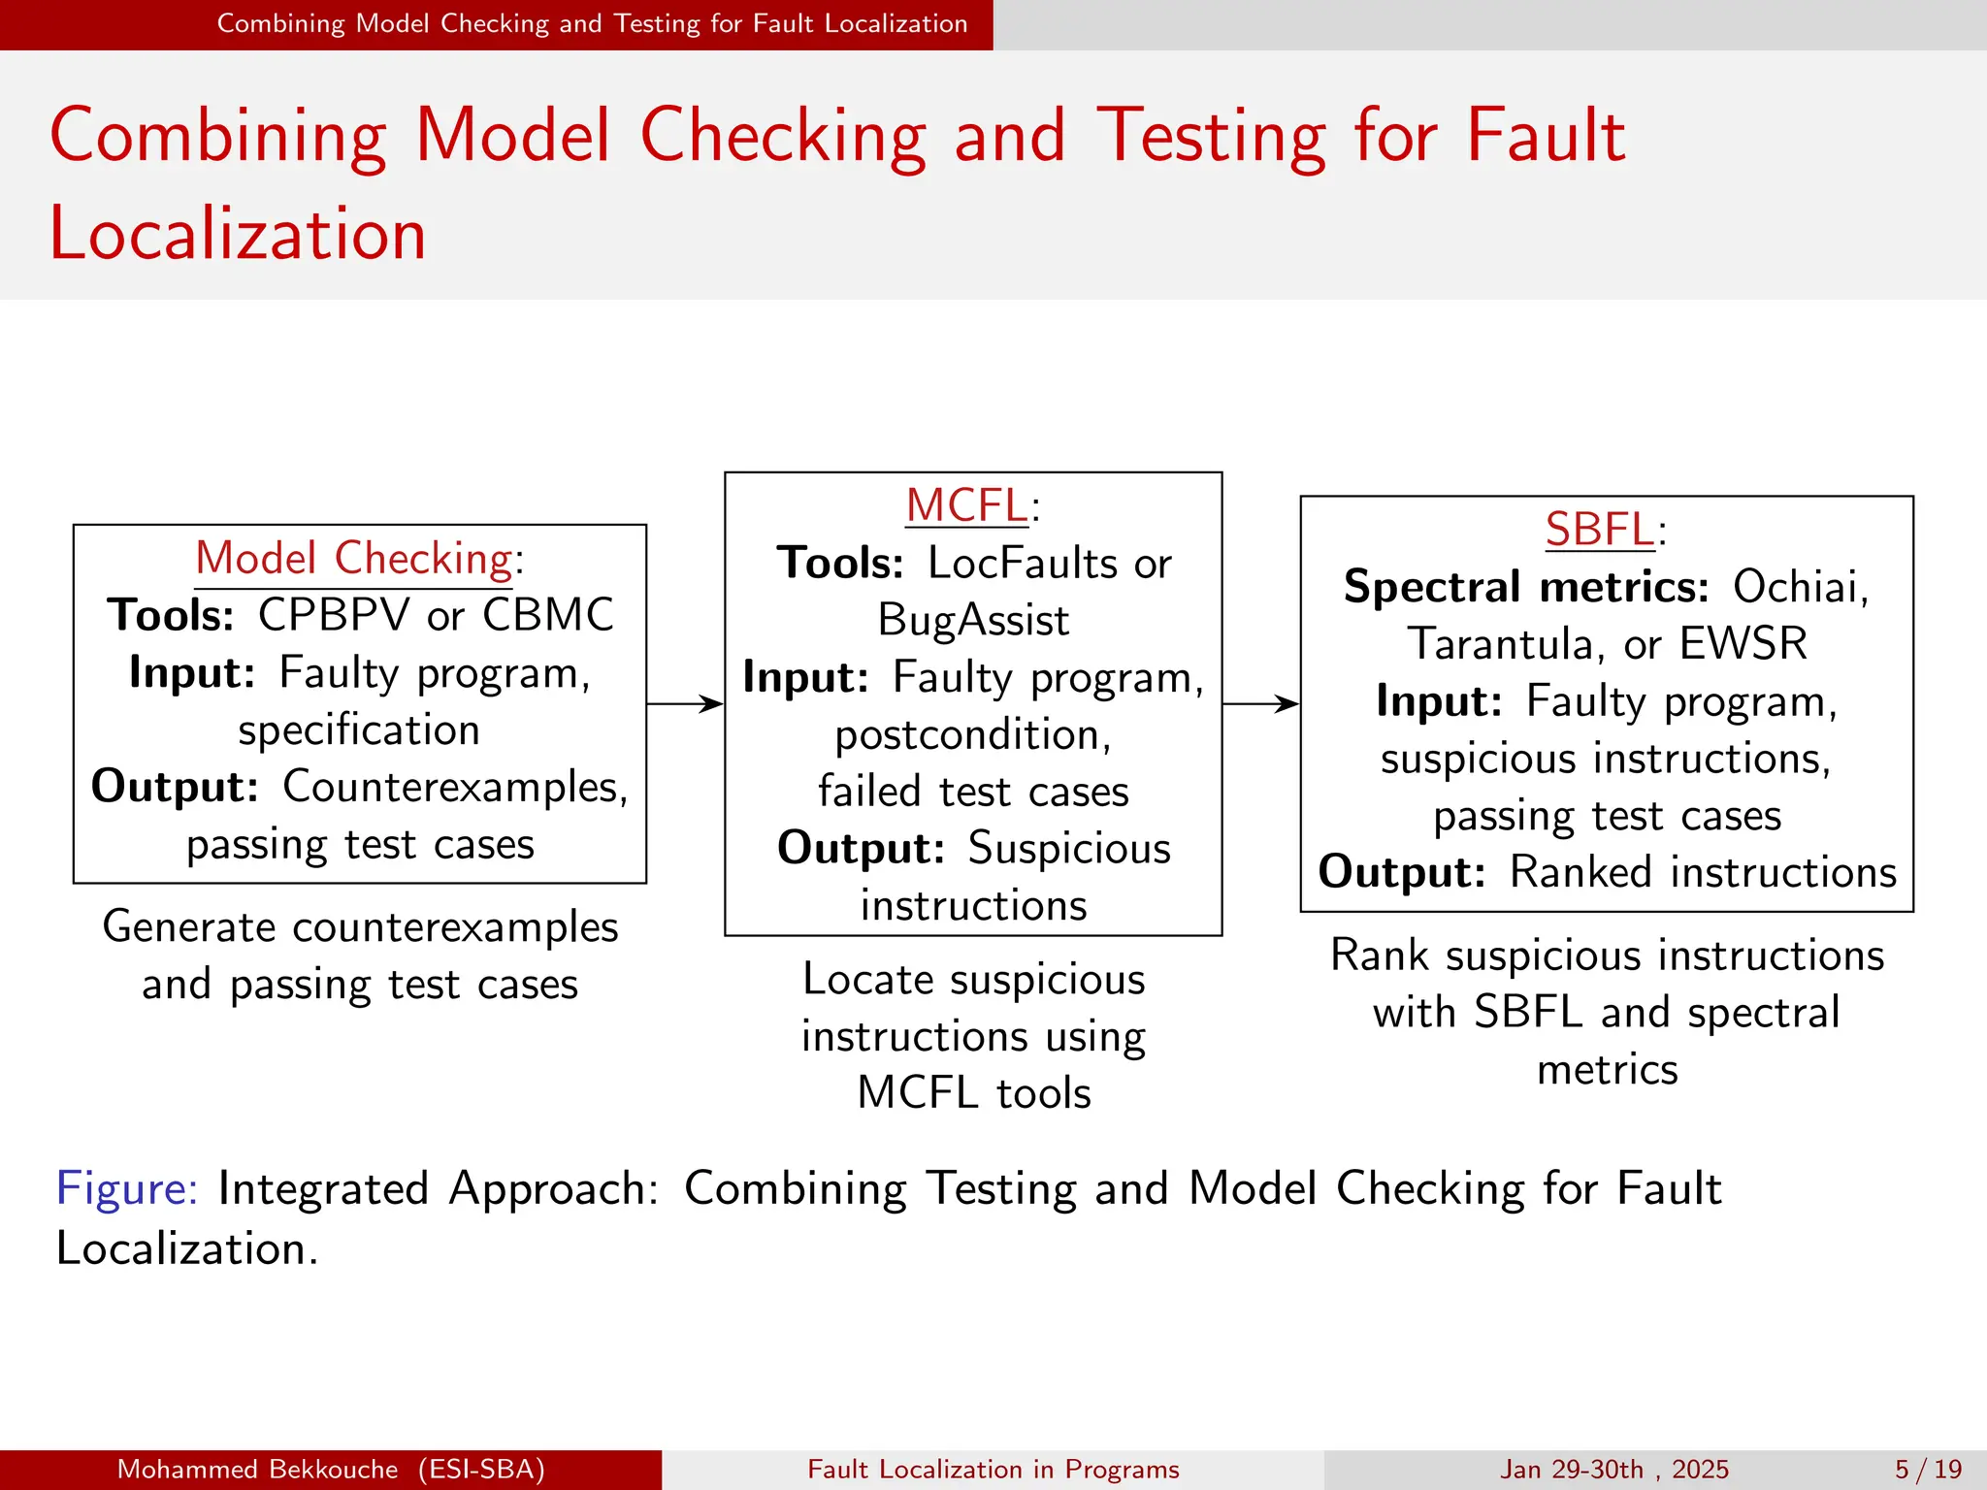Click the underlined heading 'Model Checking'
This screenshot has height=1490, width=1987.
(x=353, y=560)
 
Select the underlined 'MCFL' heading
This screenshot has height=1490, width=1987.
(x=965, y=506)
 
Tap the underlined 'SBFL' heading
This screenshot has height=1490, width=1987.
(x=1599, y=530)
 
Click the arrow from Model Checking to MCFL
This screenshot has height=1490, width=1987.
(x=685, y=703)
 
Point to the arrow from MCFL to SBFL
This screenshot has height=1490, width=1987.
(x=1260, y=703)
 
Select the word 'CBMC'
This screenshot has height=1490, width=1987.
(x=548, y=615)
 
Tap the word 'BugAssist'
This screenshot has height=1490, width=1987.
(x=973, y=621)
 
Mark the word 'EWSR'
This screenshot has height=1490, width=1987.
(x=1743, y=644)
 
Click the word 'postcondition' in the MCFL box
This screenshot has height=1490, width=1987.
(x=971, y=735)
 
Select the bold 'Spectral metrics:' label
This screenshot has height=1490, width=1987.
(x=1526, y=587)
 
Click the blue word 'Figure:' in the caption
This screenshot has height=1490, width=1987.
(x=127, y=1188)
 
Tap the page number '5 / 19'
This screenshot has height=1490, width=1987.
(x=1929, y=1470)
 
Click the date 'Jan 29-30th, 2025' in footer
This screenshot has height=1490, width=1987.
(x=1614, y=1470)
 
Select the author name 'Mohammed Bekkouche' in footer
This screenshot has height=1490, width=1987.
(x=257, y=1470)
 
